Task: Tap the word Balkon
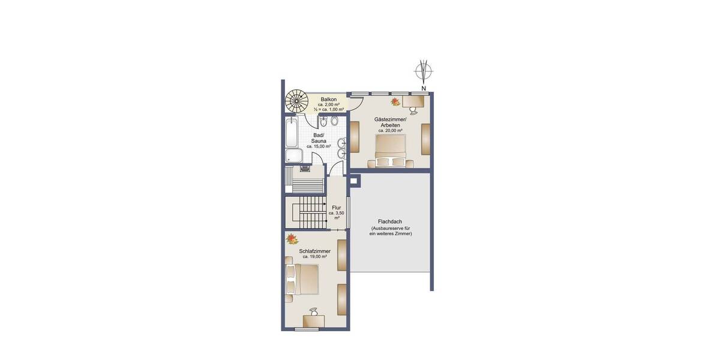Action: tap(328, 99)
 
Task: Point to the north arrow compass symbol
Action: tap(424, 73)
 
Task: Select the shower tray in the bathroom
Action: tap(294, 157)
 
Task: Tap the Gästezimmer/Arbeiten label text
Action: tap(389, 121)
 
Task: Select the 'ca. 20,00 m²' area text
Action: tap(389, 130)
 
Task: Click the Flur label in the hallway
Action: tap(336, 208)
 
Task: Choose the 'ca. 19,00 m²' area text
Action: tap(314, 257)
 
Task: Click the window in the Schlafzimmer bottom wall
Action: tap(307, 329)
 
